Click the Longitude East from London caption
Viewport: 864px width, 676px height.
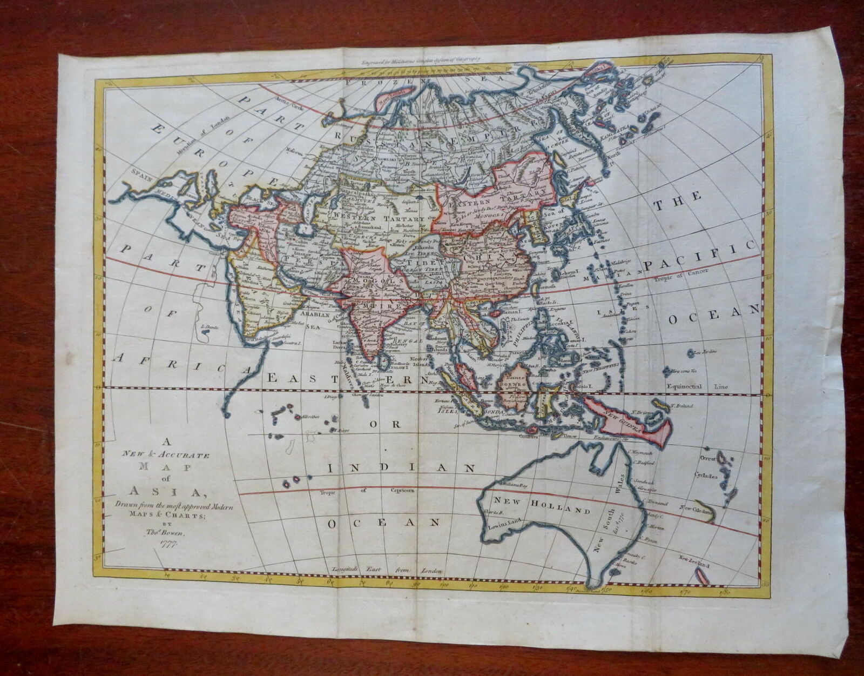tap(385, 570)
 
